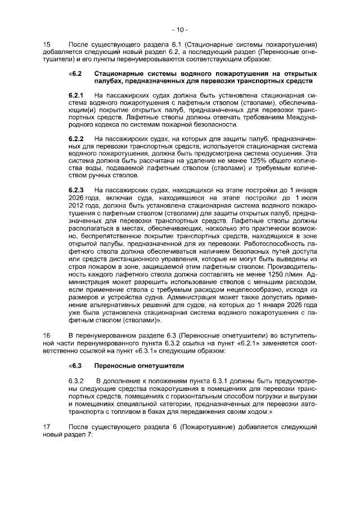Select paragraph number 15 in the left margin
[47, 44]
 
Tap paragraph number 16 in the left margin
[47, 336]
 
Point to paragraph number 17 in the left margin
[47, 429]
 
